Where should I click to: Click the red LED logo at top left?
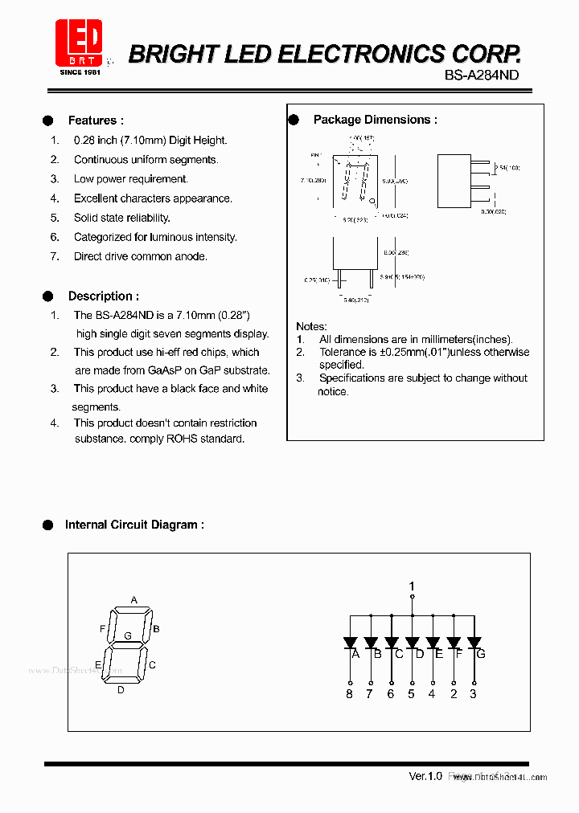(x=78, y=42)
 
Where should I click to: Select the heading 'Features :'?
(x=96, y=121)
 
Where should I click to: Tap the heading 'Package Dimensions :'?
(x=375, y=120)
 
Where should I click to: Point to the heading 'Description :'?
(x=103, y=296)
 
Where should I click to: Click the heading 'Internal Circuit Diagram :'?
(x=134, y=525)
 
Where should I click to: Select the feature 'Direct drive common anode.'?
(x=141, y=256)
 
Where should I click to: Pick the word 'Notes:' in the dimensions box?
(x=311, y=326)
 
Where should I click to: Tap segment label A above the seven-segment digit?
(x=134, y=600)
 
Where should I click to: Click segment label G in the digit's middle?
(x=127, y=635)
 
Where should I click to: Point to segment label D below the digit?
(x=121, y=689)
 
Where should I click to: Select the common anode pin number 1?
(x=412, y=586)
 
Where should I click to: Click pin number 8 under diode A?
(x=349, y=693)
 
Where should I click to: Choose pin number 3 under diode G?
(x=473, y=693)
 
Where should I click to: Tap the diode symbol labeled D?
(x=412, y=643)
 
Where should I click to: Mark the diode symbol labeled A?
(x=350, y=643)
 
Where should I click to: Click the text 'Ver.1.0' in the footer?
(x=425, y=776)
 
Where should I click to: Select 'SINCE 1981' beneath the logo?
(x=80, y=72)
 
